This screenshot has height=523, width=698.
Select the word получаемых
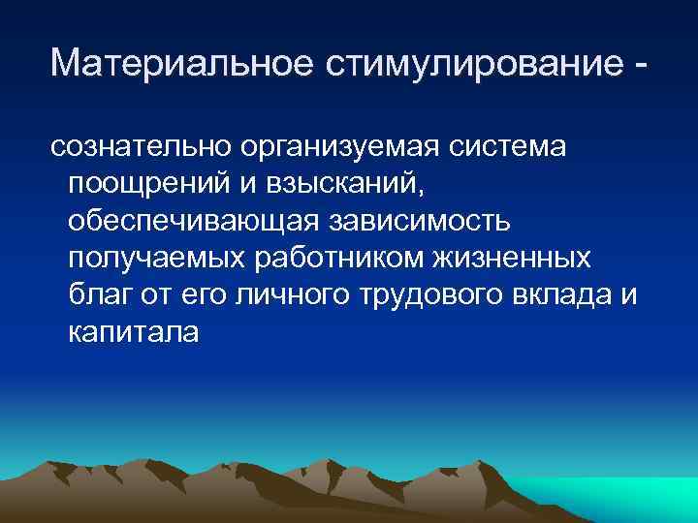160,259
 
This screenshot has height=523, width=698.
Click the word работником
355,259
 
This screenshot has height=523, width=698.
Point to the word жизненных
529,259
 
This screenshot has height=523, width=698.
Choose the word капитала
134,332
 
